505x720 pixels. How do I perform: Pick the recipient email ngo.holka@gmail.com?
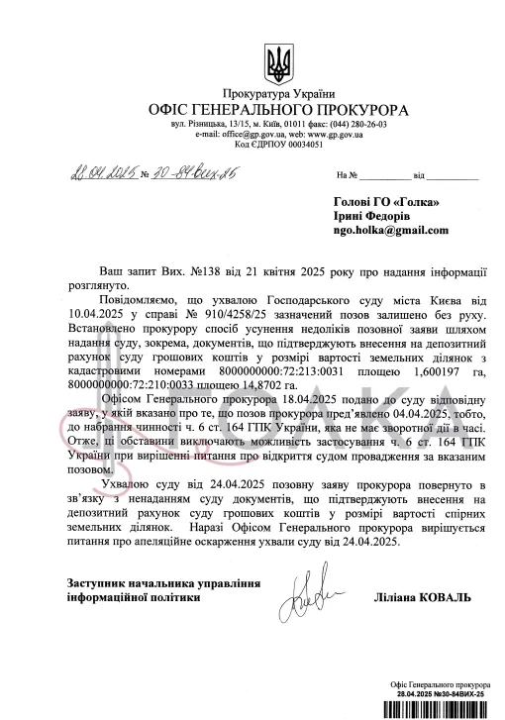(390, 230)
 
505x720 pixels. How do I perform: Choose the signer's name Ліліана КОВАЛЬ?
(421, 599)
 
